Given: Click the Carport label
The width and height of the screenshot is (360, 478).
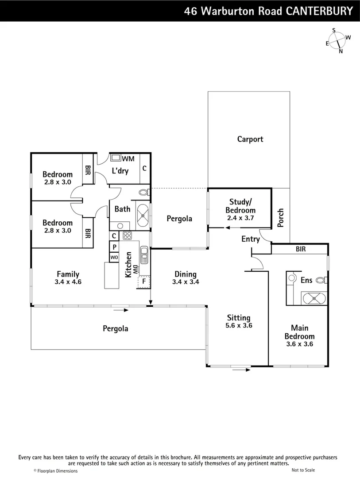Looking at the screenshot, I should [x=250, y=139].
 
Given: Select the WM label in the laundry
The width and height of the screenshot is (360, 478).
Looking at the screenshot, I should [x=128, y=158].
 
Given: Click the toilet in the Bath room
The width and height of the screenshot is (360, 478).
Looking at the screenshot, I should [x=143, y=193].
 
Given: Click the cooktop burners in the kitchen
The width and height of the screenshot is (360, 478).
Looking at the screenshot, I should [x=127, y=235].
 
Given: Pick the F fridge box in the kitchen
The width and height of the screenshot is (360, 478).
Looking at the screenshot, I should [x=143, y=281].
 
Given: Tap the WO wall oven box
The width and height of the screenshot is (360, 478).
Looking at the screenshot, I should [x=114, y=257].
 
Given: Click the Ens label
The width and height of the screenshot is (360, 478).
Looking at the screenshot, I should [x=306, y=280].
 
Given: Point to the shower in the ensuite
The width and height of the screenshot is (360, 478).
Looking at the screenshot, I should [x=314, y=298].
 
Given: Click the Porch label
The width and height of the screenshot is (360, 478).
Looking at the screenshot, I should [x=280, y=218].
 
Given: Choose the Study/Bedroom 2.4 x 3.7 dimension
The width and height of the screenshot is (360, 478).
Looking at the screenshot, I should [x=240, y=218].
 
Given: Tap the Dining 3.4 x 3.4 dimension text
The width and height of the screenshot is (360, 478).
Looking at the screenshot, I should [x=185, y=281].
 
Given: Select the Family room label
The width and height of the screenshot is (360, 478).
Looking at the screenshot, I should [x=68, y=274].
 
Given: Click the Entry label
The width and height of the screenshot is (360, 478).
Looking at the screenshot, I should [x=250, y=239].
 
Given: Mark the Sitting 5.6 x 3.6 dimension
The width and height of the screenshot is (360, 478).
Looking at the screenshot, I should [x=239, y=325].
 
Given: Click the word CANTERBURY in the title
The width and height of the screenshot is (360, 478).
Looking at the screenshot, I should [x=319, y=11].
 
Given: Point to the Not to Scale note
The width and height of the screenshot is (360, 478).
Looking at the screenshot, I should [x=303, y=470].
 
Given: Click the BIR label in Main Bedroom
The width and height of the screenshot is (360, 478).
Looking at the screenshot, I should [x=300, y=249].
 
